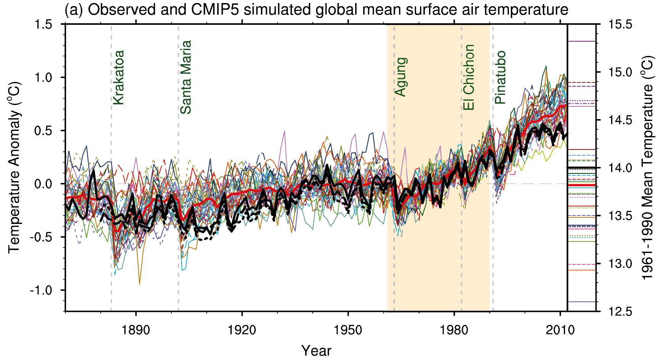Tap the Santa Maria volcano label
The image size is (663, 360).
(x=186, y=77)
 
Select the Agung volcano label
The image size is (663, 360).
(x=401, y=77)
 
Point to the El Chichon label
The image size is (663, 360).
(x=469, y=77)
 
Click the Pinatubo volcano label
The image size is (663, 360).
(x=500, y=77)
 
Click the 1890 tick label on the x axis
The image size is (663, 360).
(x=136, y=330)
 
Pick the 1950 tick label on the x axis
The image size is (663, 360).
(x=348, y=330)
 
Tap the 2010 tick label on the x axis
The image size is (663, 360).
(x=560, y=330)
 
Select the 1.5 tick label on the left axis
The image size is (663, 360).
(x=43, y=25)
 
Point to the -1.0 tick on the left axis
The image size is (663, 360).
(x=41, y=290)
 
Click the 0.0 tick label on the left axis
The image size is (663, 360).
(x=43, y=184)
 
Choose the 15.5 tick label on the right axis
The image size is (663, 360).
(x=620, y=25)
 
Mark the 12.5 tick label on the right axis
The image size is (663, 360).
(x=620, y=312)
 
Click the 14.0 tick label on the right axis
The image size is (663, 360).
(x=620, y=168)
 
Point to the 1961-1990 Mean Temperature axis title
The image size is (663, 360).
(x=648, y=168)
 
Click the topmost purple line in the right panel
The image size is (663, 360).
(x=582, y=41)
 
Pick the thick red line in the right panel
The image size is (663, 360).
(x=582, y=185)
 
